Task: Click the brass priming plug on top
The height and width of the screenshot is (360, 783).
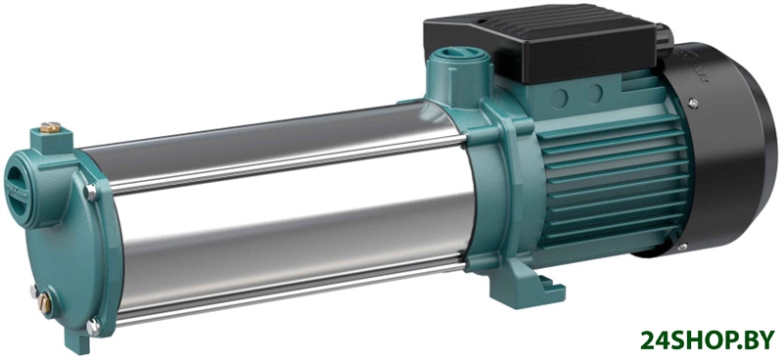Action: tap(51, 128)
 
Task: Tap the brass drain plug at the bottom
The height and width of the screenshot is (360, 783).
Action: tap(44, 303)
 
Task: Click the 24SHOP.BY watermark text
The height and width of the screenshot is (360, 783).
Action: tap(708, 339)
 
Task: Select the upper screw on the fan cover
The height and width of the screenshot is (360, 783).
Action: tap(693, 104)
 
